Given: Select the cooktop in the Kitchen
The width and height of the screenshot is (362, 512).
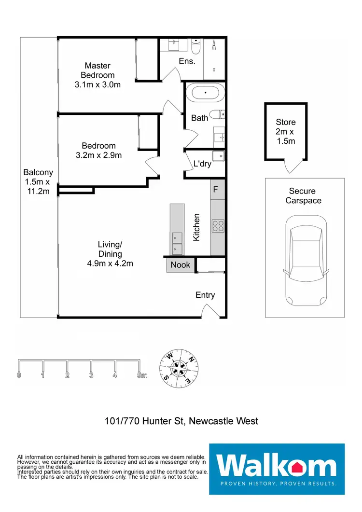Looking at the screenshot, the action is (x=218, y=226).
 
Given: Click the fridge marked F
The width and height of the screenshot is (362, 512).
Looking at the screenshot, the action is (x=218, y=189).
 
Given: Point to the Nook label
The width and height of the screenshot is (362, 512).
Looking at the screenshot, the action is (x=180, y=265).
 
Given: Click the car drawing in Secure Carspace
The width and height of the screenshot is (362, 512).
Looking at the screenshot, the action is (x=306, y=260).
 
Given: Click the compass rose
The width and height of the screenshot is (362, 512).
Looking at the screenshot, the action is (x=179, y=368).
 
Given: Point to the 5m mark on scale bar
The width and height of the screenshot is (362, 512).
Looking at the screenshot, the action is (x=142, y=375).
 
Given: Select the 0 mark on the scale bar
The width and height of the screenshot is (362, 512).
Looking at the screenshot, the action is (x=19, y=375).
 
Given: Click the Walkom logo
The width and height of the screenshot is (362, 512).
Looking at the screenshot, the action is (x=277, y=469).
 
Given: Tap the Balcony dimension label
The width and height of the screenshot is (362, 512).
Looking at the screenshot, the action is (x=38, y=186).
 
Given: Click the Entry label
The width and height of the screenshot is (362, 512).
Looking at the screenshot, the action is (x=205, y=295).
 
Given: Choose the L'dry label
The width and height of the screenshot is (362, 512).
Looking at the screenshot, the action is (x=202, y=164).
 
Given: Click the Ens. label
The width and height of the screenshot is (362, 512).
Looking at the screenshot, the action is (x=187, y=61).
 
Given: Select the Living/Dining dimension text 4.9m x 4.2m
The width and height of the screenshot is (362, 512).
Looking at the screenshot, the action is (x=110, y=263).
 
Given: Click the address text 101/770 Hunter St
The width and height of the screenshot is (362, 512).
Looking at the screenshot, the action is (x=144, y=421).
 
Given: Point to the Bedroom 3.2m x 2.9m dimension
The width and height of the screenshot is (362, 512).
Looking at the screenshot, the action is (x=98, y=155).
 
